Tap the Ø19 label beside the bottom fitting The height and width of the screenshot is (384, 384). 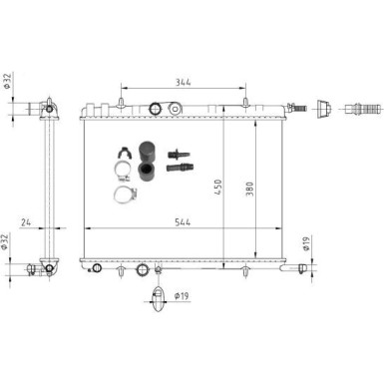click(184, 296)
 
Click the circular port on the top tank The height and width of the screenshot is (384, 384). click(154, 109)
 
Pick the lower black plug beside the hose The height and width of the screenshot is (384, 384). click(179, 173)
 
